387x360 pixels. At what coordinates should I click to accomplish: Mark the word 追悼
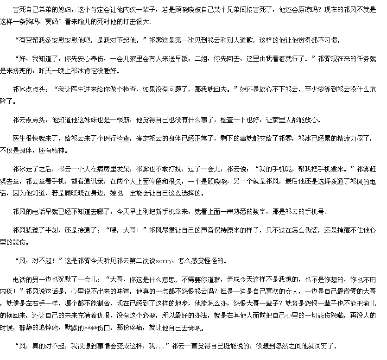pos(53,327)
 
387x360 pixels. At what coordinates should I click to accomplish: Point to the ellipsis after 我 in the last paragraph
pos(160,346)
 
